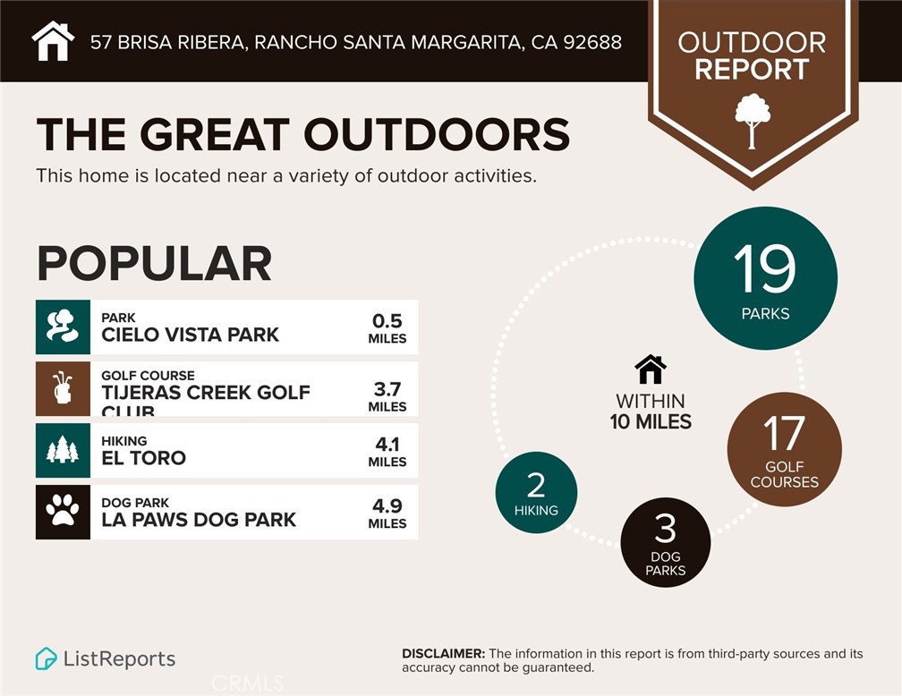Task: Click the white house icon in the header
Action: point(53,41)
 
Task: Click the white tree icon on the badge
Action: point(753,119)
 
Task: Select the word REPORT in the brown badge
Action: point(752,70)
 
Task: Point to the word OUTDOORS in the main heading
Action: point(437,135)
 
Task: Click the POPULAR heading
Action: point(154,263)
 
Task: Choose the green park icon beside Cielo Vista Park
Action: point(63,327)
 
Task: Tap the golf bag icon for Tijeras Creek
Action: point(63,388)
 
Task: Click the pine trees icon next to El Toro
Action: point(63,450)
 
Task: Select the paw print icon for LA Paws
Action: point(63,512)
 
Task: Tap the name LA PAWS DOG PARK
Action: point(199,520)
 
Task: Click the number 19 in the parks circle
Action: point(764,267)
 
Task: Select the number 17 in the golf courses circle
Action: point(784,434)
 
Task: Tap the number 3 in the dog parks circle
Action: point(665,530)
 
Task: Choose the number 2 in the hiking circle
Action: point(536,485)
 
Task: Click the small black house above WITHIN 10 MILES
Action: point(651,369)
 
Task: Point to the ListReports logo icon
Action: point(46,659)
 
